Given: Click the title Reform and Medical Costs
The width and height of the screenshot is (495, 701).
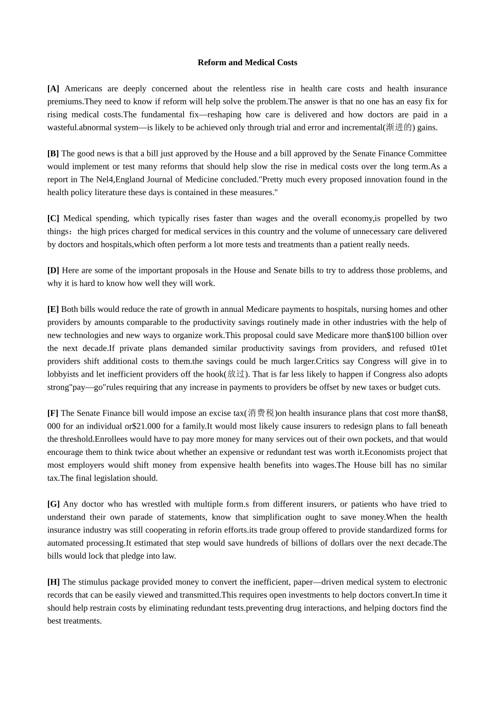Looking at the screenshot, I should pos(247,63).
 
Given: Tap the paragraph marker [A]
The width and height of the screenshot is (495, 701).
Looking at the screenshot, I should pos(53,89).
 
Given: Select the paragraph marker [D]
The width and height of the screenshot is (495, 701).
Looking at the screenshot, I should pos(53,270).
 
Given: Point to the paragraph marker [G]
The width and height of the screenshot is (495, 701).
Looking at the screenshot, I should pos(53,504).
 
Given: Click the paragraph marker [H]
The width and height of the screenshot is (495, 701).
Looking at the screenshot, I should pos(53,582).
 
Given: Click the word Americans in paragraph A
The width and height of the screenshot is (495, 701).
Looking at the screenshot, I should pos(83,89).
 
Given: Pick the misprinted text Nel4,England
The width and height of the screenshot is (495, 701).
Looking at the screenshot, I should pos(118,179).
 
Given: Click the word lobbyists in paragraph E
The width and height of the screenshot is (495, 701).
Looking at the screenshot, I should pos(63,374).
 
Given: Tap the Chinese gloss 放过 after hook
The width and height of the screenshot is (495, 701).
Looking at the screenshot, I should pos(237,374).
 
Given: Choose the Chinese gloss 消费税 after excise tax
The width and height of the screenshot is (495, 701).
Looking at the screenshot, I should pos(261,413).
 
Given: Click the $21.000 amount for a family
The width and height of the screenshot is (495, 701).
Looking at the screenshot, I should pos(146,426).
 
